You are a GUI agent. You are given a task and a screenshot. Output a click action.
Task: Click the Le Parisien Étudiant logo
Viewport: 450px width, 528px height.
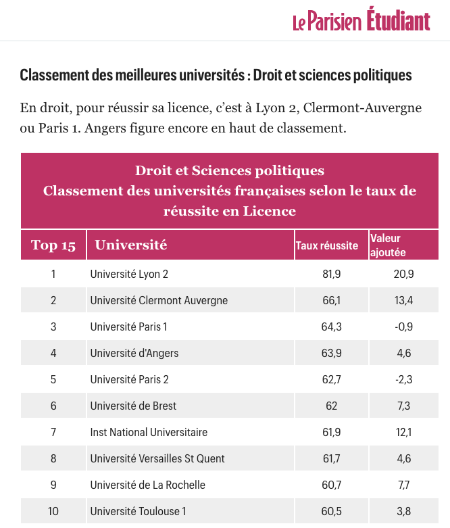(361, 20)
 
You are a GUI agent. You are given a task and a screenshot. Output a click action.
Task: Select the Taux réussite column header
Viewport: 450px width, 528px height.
(327, 245)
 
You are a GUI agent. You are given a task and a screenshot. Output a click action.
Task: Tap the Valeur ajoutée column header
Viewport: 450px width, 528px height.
(388, 245)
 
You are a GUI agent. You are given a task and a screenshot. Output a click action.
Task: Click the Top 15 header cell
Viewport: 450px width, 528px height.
(53, 245)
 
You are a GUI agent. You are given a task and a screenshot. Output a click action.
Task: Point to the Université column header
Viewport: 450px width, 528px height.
(131, 245)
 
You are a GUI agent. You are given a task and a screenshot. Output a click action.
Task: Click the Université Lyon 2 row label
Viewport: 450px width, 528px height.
(129, 274)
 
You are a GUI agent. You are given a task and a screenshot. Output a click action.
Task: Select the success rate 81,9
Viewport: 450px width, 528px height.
(332, 274)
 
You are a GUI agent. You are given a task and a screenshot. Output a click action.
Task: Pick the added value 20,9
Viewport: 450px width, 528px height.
(403, 274)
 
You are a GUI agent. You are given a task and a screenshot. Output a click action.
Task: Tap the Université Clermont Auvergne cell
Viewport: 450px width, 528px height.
(159, 300)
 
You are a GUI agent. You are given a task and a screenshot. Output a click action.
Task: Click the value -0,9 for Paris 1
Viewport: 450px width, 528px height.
(403, 327)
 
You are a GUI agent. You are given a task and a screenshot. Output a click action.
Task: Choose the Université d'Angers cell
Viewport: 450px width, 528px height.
(134, 353)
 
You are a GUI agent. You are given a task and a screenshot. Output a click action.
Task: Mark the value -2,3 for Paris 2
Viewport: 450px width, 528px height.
(403, 379)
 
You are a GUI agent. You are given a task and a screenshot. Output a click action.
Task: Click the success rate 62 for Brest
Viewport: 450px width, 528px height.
(332, 406)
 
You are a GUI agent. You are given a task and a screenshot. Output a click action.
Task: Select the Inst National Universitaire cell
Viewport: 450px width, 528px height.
(149, 432)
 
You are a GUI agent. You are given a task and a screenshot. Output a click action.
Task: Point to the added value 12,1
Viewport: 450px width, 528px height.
(403, 432)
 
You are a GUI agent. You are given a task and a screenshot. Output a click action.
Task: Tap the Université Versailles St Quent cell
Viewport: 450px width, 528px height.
(157, 458)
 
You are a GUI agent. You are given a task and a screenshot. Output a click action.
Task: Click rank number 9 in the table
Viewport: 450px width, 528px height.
(53, 485)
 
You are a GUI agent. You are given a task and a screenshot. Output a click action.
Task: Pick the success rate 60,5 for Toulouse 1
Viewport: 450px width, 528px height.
(332, 511)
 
